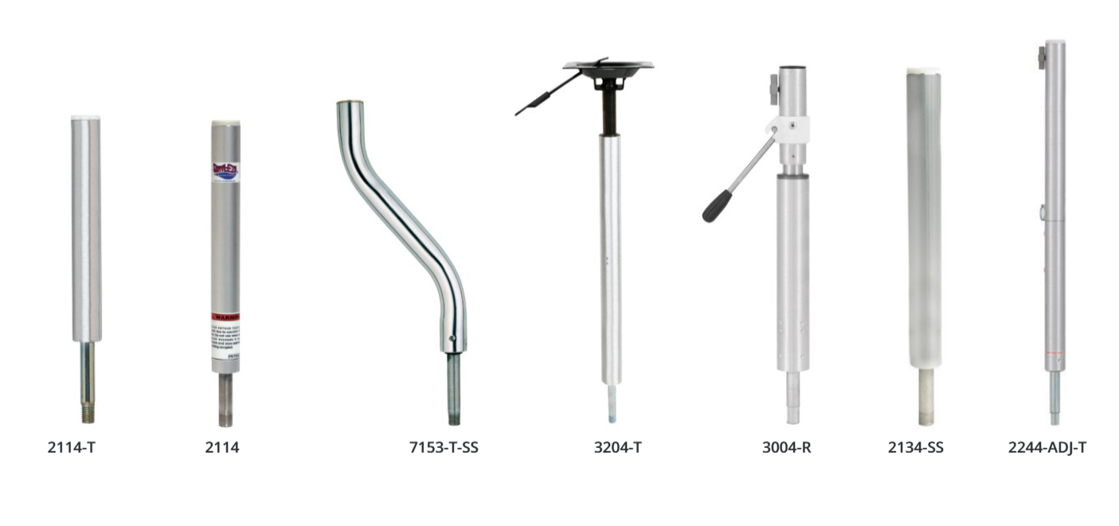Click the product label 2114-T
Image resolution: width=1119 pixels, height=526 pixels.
[x=72, y=447]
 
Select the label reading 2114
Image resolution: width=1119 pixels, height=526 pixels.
[x=222, y=447]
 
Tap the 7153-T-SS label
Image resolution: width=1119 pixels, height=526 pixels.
[x=444, y=447]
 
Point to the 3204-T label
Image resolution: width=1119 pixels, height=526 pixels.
[x=618, y=447]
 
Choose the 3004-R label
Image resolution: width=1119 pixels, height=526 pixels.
[x=786, y=447]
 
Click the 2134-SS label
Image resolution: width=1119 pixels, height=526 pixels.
[x=916, y=447]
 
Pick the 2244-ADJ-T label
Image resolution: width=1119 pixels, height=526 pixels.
[x=1047, y=447]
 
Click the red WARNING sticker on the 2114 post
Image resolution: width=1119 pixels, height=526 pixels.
[x=225, y=317]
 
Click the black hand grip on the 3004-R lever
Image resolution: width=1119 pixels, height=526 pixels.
[x=714, y=207]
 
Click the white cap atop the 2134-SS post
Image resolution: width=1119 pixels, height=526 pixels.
[x=923, y=72]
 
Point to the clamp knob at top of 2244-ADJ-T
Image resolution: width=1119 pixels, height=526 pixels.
[x=1042, y=56]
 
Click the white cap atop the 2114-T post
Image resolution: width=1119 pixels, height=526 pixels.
[x=85, y=118]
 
